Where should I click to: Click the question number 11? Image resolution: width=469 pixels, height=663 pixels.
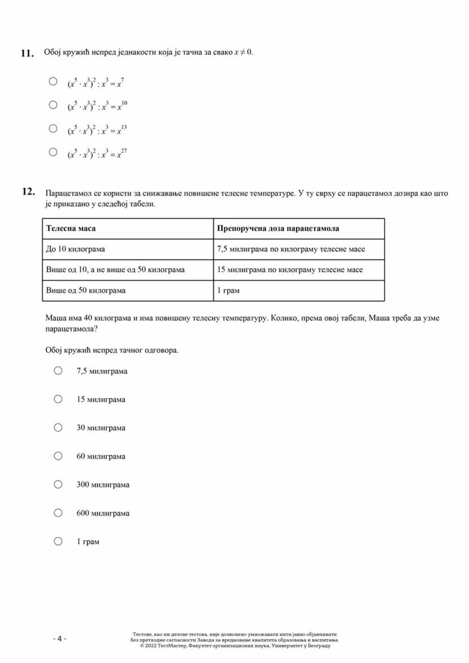pos(27,53)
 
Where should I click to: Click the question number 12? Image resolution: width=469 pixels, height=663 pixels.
pos(28,191)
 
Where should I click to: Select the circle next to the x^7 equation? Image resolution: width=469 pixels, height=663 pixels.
pos(53,82)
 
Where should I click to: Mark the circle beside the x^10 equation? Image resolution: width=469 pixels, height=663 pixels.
pos(53,105)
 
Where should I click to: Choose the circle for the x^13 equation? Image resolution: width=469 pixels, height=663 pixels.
pos(53,128)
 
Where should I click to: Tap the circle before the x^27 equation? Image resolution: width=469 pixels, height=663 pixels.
pos(53,152)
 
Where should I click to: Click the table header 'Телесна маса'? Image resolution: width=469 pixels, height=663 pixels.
pos(71,229)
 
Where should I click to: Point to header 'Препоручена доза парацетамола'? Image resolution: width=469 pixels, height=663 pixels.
pos(278,229)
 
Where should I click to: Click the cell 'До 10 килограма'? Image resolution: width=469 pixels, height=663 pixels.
pos(76,249)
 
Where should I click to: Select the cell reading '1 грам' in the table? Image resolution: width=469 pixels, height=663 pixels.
pos(228,291)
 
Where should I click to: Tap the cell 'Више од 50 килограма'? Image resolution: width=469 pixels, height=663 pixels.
pos(86,291)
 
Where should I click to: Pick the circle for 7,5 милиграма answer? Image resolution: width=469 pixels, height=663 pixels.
pos(58,371)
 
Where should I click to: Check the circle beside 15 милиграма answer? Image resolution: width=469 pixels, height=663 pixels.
pos(58,399)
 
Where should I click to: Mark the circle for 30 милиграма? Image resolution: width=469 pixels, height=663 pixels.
pos(58,428)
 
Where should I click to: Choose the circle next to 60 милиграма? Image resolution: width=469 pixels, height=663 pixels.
pos(58,456)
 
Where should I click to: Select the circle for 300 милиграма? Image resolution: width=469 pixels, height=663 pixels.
pos(58,484)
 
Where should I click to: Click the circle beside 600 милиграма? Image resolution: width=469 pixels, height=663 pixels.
pos(58,513)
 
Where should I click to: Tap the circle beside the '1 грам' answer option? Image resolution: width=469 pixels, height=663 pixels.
pos(58,542)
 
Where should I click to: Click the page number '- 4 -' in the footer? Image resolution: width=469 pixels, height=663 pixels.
pos(60,639)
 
